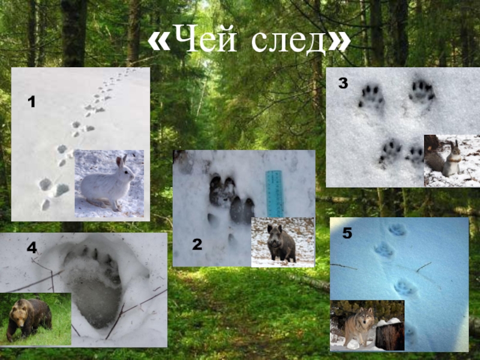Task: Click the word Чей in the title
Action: (208, 38)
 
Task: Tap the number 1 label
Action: (32, 101)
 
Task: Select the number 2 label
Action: (197, 244)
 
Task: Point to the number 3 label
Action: (343, 83)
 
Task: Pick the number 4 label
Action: (32, 247)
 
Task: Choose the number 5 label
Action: (347, 233)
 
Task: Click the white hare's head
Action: (125, 170)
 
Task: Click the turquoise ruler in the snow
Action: (275, 194)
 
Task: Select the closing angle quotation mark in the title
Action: (339, 41)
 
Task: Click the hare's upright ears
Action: (121, 161)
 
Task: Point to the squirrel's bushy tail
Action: (434, 160)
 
